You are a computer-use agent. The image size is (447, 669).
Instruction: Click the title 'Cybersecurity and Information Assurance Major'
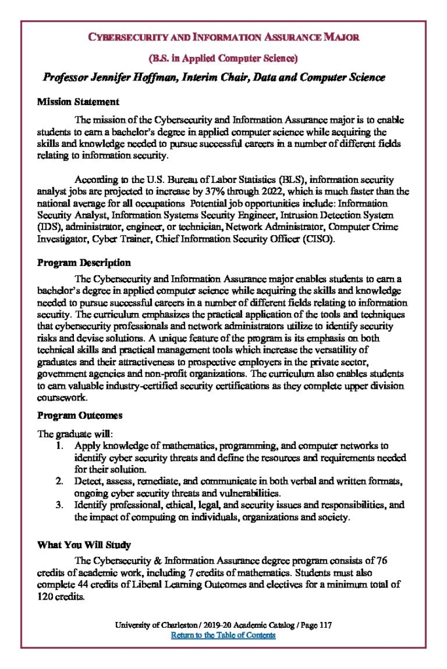(x=223, y=37)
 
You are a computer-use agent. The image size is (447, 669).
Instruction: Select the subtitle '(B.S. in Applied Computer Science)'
(x=223, y=58)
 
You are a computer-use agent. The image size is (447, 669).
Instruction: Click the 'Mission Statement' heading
(x=78, y=102)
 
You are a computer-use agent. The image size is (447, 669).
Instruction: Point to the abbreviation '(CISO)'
(x=319, y=239)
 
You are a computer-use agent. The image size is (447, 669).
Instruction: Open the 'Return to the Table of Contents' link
(x=223, y=635)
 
